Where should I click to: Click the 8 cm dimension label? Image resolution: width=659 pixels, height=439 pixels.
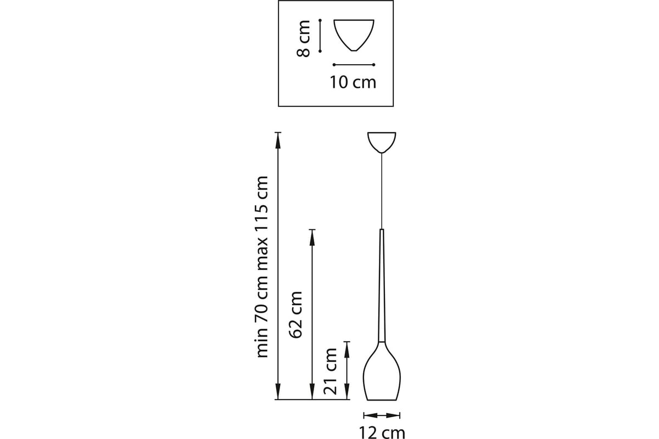click(x=304, y=38)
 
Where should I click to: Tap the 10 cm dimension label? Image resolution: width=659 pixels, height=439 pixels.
click(x=353, y=82)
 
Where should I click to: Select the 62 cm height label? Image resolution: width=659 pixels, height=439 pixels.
click(x=295, y=314)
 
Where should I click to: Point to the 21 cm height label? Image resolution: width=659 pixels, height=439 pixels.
click(x=330, y=371)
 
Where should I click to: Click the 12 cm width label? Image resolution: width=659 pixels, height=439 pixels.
click(x=382, y=432)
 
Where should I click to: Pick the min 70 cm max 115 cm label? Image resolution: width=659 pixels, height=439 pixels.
click(x=262, y=267)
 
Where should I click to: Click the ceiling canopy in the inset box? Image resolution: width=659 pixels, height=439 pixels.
click(x=354, y=35)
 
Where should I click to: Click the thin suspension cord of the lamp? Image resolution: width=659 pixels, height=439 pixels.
click(x=382, y=191)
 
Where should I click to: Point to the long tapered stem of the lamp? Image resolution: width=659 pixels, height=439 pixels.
click(x=382, y=285)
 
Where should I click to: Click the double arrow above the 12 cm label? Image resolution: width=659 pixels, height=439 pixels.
click(x=382, y=415)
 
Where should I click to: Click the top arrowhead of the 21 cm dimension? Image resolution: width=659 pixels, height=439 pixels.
click(x=347, y=351)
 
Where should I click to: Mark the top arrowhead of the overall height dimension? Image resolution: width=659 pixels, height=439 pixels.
click(x=278, y=141)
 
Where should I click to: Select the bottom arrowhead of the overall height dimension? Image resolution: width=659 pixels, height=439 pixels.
click(x=278, y=391)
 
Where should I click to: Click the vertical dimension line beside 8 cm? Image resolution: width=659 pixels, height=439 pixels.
click(x=320, y=36)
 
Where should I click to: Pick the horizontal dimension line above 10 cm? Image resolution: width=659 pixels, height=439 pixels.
click(x=354, y=65)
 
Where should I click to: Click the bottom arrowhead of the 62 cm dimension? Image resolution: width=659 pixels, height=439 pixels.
click(x=312, y=391)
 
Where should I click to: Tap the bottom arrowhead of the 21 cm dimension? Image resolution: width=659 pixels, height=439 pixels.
click(x=347, y=391)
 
